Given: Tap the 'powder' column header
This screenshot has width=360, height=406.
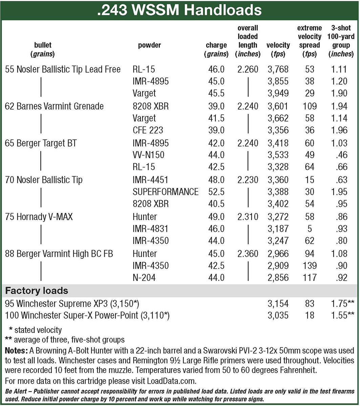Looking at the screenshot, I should point(149,45).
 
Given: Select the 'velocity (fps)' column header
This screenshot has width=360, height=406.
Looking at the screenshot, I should point(278,49).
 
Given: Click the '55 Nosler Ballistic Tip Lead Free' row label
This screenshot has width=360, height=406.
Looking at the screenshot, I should point(63,69).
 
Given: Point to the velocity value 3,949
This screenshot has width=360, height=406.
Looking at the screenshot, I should point(278,93).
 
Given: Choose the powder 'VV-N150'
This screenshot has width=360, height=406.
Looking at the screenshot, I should point(148,155).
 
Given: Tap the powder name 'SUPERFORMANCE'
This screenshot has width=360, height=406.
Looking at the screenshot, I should point(166,192).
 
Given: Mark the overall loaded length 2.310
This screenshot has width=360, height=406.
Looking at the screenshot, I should point(248,217).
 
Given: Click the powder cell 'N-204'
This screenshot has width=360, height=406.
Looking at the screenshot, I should point(144,278).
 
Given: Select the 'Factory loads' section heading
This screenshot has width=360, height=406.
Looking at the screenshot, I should point(37,291).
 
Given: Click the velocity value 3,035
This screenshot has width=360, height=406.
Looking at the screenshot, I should point(278,316).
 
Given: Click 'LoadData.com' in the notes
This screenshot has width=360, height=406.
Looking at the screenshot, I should point(171,381).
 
